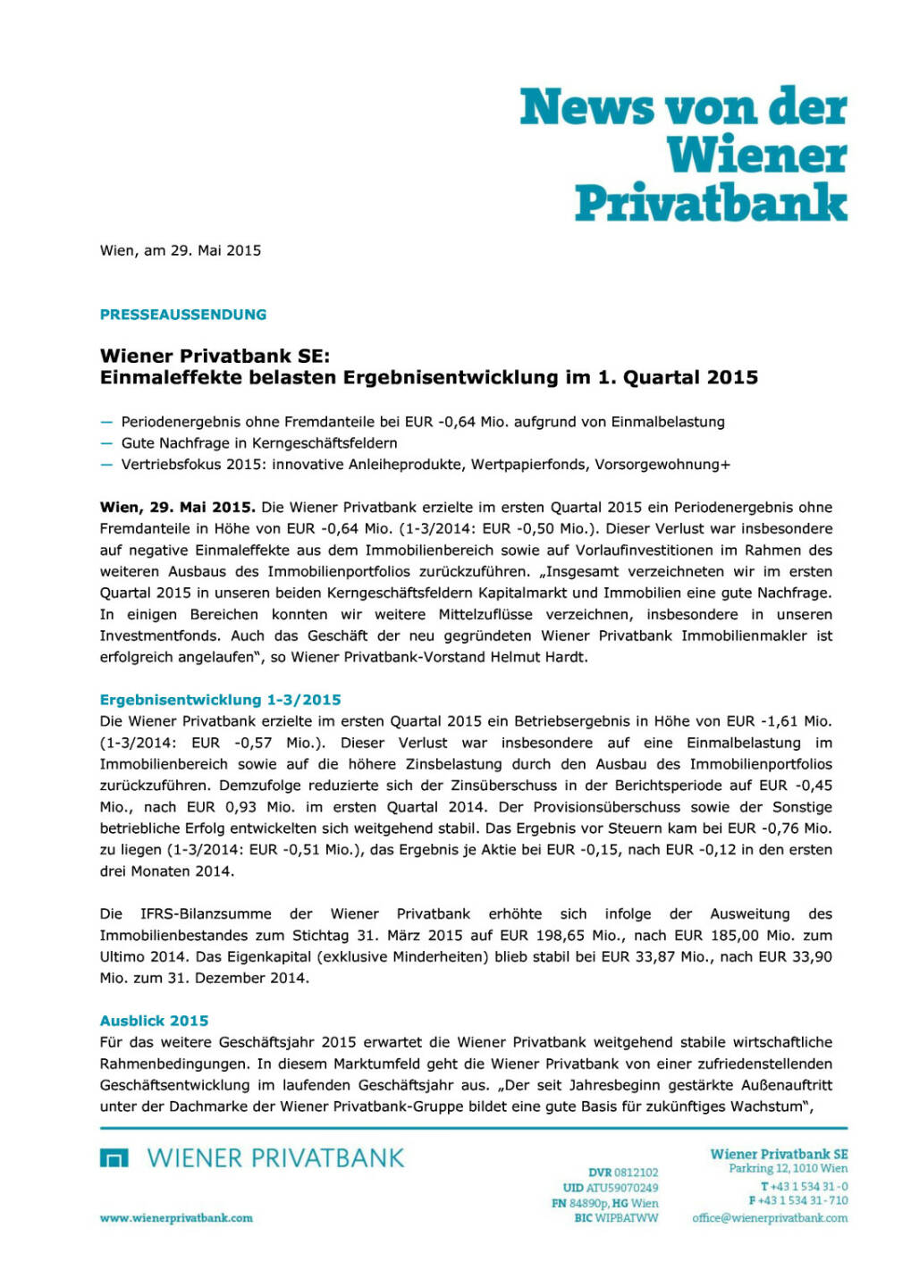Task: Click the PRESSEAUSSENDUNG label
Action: [x=183, y=315]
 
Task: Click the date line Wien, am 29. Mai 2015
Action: [x=181, y=250]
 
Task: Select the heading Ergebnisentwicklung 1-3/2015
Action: [x=220, y=700]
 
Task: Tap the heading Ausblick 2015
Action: [x=154, y=1021]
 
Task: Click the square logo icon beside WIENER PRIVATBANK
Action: [x=114, y=1158]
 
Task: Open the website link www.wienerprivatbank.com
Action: [x=176, y=1217]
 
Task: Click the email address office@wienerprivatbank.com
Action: [x=770, y=1217]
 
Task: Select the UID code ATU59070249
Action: [x=621, y=1188]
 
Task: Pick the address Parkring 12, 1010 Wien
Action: [x=788, y=1168]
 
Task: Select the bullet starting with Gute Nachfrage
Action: [x=259, y=442]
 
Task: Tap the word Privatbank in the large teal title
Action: [x=711, y=202]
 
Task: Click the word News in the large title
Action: [x=586, y=107]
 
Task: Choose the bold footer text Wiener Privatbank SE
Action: [x=779, y=1154]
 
